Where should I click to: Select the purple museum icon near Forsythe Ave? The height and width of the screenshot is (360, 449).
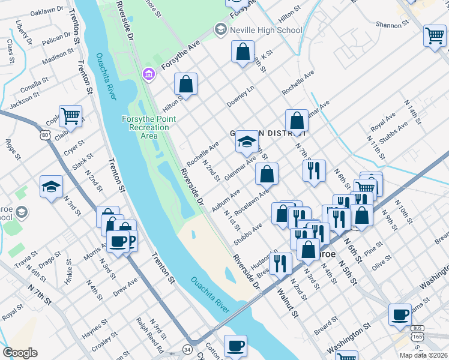point(148,74)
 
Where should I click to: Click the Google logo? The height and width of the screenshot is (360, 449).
point(19,353)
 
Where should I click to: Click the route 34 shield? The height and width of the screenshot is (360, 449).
point(188,349)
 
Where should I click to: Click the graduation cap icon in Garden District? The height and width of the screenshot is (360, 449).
point(246,142)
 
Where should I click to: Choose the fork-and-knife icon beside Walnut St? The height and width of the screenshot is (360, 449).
point(280,262)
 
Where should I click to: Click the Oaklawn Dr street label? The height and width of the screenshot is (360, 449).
point(47,11)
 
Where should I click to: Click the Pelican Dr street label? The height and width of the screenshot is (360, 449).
point(57,41)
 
